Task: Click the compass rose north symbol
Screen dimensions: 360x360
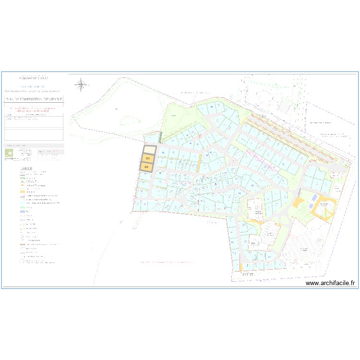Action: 82,85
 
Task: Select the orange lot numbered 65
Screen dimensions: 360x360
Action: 148,158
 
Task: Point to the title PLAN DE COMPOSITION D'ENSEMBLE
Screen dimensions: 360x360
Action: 34,99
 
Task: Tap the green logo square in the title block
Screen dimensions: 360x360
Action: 9,153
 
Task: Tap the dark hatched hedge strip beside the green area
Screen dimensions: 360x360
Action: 161,137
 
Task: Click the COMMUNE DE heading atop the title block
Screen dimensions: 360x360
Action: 34,78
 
